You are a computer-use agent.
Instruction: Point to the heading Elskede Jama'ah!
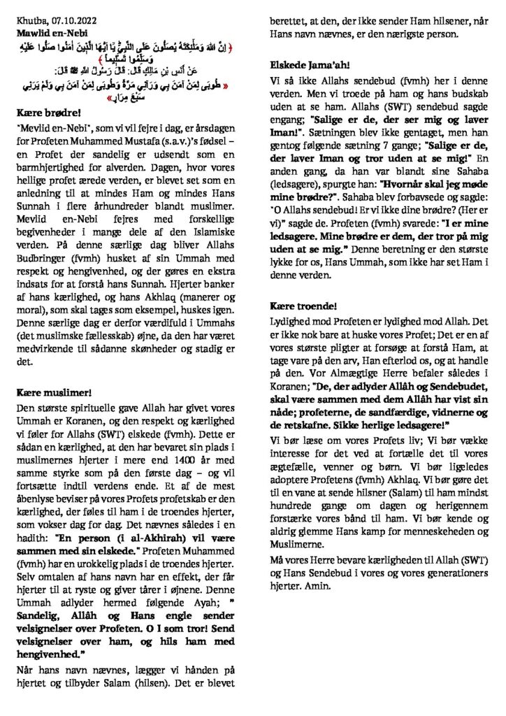point(308,65)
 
